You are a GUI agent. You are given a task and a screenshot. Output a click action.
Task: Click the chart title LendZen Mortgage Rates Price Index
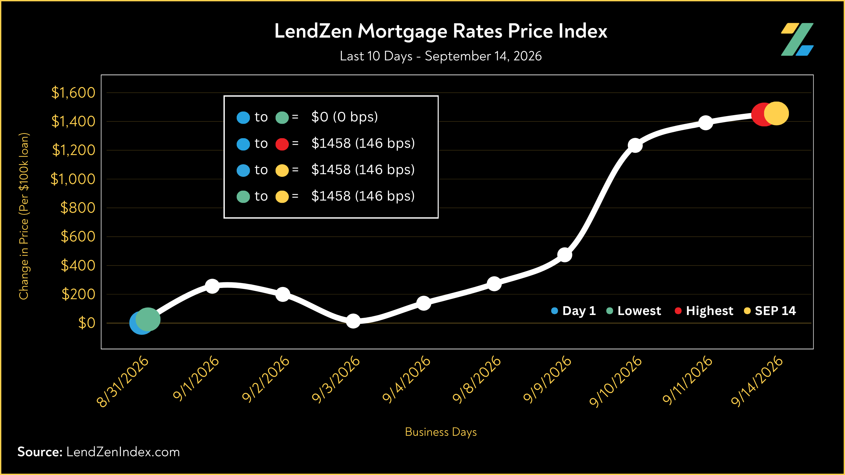pyautogui.click(x=441, y=32)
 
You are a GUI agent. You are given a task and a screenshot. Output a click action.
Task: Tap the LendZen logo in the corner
pyautogui.click(x=797, y=39)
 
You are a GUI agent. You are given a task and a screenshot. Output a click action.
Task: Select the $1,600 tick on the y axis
pyautogui.click(x=73, y=93)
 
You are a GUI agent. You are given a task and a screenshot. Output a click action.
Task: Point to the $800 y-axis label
pyautogui.click(x=78, y=208)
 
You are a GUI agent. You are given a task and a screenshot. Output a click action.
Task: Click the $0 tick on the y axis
pyautogui.click(x=87, y=323)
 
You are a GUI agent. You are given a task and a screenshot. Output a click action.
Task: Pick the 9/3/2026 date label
pyautogui.click(x=336, y=379)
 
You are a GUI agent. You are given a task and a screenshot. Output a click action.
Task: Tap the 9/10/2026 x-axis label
pyautogui.click(x=616, y=381)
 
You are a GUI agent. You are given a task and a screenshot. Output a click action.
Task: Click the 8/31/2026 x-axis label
pyautogui.click(x=122, y=381)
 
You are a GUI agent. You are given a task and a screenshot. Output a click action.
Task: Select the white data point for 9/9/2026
pyautogui.click(x=564, y=255)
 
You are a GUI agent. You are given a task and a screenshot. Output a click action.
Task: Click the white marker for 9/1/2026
pyautogui.click(x=212, y=286)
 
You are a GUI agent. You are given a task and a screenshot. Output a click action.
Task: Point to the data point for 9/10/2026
pyautogui.click(x=635, y=145)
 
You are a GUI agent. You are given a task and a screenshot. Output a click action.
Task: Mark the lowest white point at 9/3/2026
pyautogui.click(x=353, y=321)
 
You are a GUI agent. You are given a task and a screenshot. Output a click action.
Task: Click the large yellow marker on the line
pyautogui.click(x=776, y=113)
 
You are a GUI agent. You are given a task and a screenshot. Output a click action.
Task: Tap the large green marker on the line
pyautogui.click(x=148, y=319)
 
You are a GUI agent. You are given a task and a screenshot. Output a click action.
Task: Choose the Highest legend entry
pyautogui.click(x=704, y=311)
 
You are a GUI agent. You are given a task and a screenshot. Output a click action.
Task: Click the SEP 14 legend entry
pyautogui.click(x=770, y=311)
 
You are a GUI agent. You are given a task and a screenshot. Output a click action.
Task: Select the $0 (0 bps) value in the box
pyautogui.click(x=345, y=117)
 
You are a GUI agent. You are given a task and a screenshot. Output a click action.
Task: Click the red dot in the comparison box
pyautogui.click(x=282, y=144)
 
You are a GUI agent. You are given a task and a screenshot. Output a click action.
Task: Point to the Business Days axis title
pyautogui.click(x=441, y=432)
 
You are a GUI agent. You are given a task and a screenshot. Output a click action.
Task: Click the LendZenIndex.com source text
pyautogui.click(x=123, y=452)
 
